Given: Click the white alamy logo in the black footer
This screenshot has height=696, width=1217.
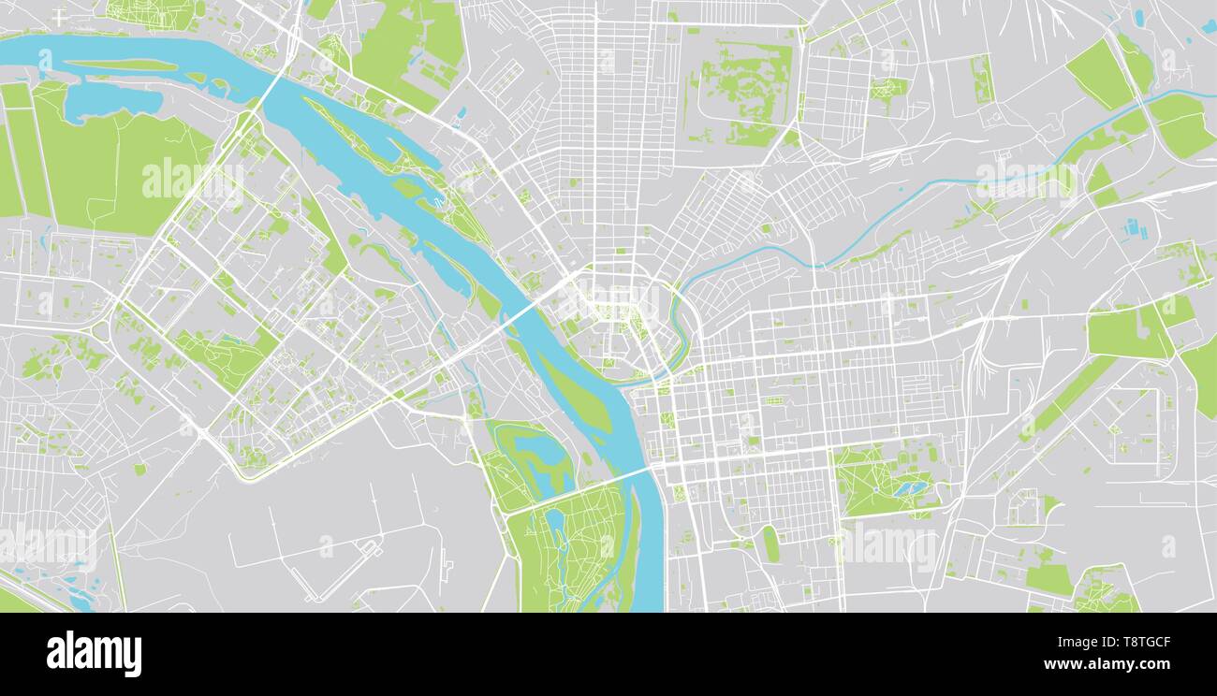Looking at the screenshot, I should coord(94,653).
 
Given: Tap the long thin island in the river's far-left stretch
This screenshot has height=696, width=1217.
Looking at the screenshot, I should coord(122,65).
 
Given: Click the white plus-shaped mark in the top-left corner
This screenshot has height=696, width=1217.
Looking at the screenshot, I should coord(60,17).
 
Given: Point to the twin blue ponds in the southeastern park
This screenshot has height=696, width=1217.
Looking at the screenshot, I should coord(906,488).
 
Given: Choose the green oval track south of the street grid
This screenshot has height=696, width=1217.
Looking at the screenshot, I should coord(770,544).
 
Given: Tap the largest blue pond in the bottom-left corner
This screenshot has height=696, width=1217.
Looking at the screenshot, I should coord(82,603).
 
